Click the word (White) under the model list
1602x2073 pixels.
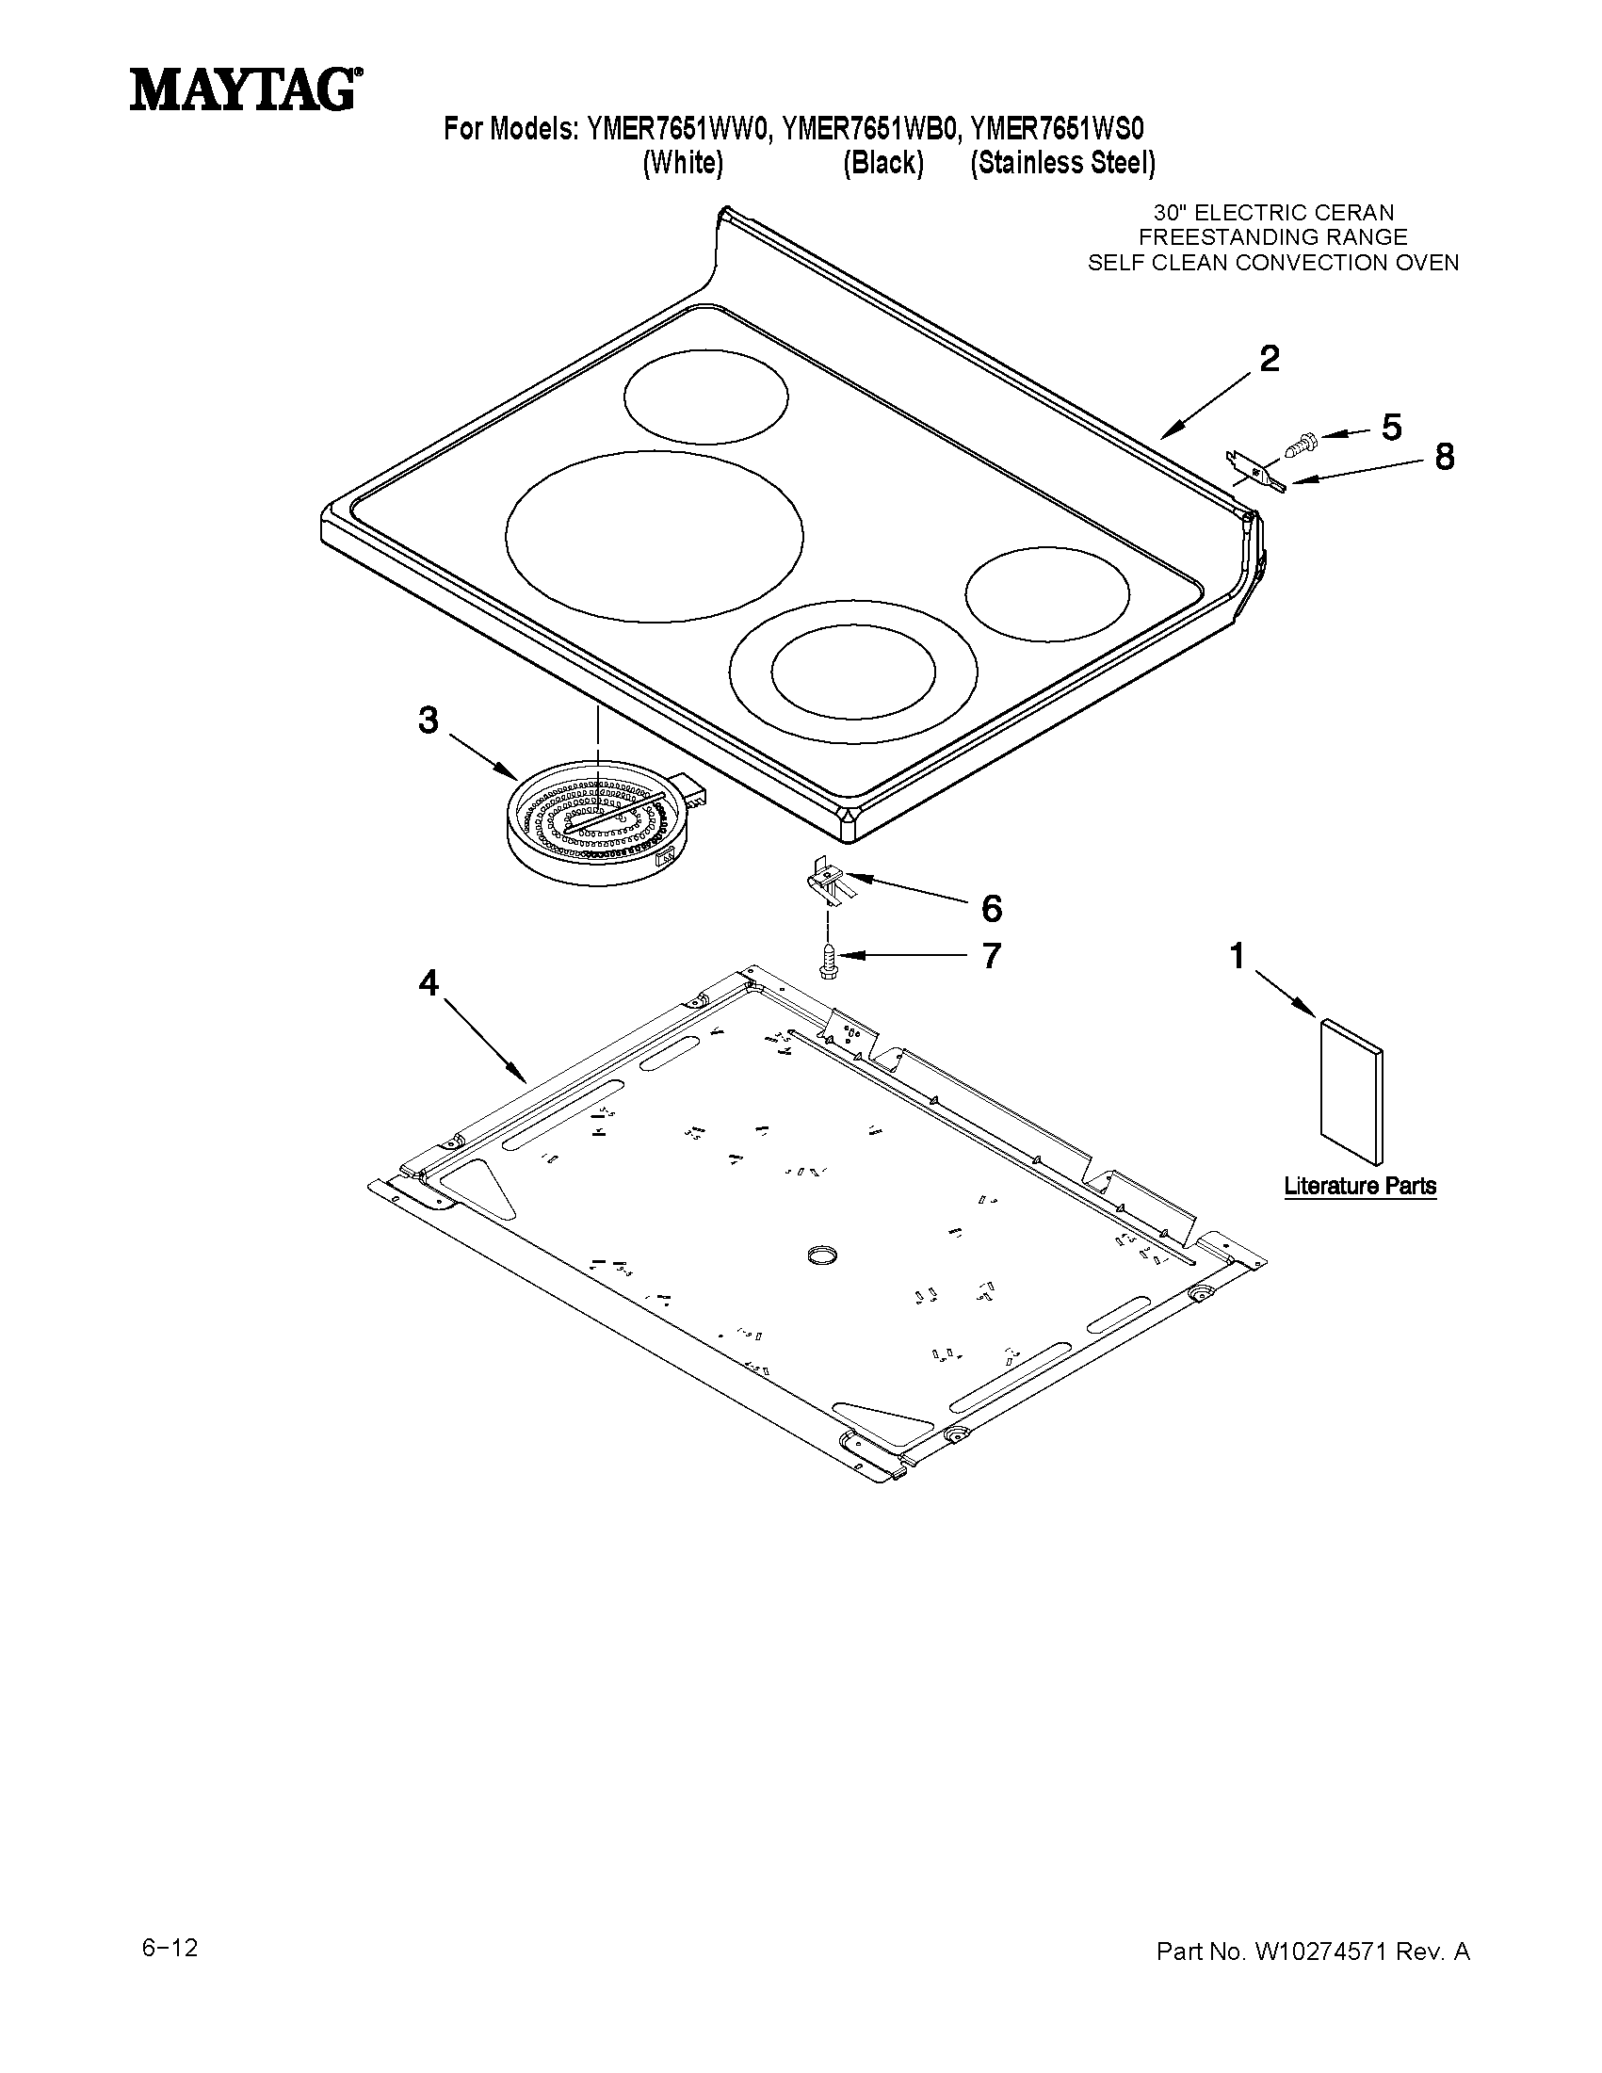[683, 163]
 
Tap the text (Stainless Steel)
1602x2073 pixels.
[1062, 163]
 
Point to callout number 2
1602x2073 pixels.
[1269, 359]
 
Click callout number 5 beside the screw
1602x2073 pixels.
[1390, 428]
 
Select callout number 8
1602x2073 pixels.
[1444, 458]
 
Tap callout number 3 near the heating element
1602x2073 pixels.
[428, 721]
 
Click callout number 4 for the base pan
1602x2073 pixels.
[428, 984]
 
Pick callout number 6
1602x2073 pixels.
[991, 908]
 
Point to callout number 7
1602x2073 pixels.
[991, 956]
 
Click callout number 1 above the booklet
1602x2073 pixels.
[1237, 956]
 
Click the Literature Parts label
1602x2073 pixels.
[1359, 1186]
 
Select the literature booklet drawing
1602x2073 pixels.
[1351, 1091]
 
